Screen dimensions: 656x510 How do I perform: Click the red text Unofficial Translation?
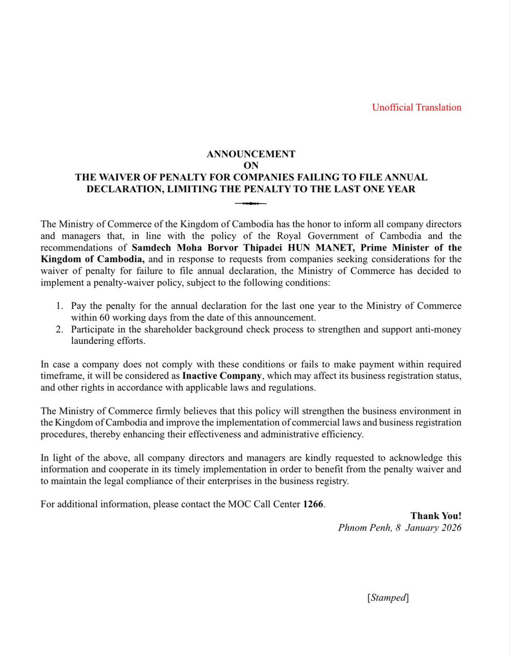(x=416, y=107)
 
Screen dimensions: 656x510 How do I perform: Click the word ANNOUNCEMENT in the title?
(x=251, y=154)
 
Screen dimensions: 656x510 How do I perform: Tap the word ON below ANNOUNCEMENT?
(x=251, y=166)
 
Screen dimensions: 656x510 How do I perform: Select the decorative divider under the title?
(x=251, y=203)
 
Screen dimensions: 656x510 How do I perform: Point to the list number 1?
(x=59, y=306)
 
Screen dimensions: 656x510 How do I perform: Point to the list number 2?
(x=59, y=329)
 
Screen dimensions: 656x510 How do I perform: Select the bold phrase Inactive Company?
(x=222, y=376)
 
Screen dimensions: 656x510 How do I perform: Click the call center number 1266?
(x=313, y=504)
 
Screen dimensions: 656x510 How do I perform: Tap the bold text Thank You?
(x=436, y=516)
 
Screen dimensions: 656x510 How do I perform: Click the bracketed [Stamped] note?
(x=388, y=598)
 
